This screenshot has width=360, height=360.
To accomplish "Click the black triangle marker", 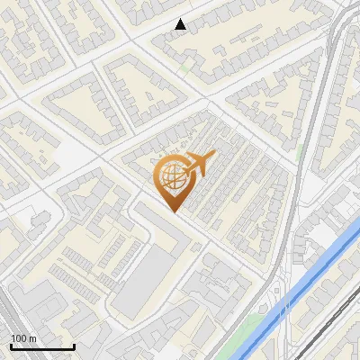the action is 181,24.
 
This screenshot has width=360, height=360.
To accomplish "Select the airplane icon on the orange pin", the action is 196,164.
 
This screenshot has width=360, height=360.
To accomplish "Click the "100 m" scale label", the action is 23,338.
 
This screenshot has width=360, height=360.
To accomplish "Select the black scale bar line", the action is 42,346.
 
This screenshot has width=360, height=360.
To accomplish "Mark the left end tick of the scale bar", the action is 11,345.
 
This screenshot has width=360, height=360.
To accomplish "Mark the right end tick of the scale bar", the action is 74,345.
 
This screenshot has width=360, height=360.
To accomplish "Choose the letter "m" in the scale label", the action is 31,338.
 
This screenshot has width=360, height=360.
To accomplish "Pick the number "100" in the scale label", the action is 18,338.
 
